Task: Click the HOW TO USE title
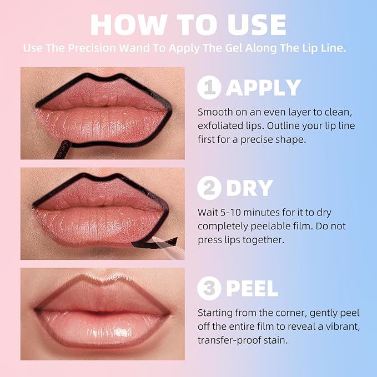pyautogui.click(x=188, y=24)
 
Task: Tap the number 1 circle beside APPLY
pyautogui.click(x=209, y=87)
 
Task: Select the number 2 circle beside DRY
pyautogui.click(x=209, y=188)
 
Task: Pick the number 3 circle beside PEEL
pyautogui.click(x=209, y=288)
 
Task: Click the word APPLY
pyautogui.click(x=263, y=88)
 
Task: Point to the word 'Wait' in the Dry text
pyautogui.click(x=208, y=212)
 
